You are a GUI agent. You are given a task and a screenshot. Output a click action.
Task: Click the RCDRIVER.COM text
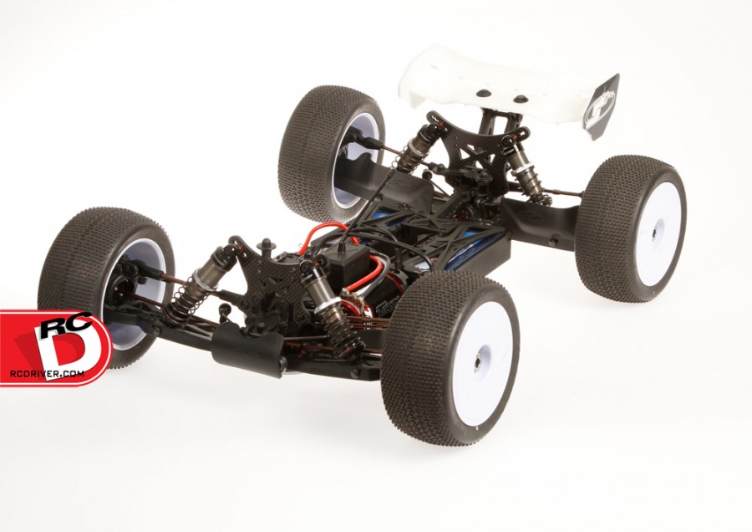click(x=47, y=373)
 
